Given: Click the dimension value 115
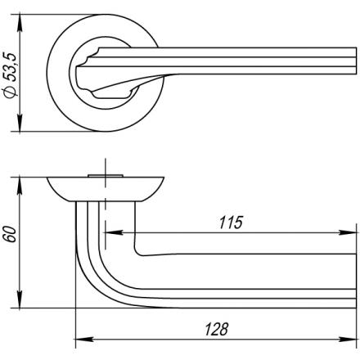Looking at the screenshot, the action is pyautogui.click(x=231, y=223).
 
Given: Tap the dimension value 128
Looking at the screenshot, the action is pyautogui.click(x=216, y=329).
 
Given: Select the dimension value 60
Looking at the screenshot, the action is pyautogui.click(x=10, y=234).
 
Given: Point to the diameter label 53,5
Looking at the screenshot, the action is pyautogui.click(x=11, y=68).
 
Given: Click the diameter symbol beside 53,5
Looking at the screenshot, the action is pyautogui.click(x=11, y=92).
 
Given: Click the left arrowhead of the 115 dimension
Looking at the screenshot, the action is pyautogui.click(x=113, y=232).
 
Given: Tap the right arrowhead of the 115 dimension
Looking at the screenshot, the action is pyautogui.click(x=348, y=232).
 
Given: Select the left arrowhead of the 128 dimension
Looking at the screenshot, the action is pyautogui.click(x=84, y=340).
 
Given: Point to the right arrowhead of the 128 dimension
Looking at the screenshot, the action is pyautogui.click(x=348, y=340).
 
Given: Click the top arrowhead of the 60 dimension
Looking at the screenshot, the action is pyautogui.click(x=20, y=186).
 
